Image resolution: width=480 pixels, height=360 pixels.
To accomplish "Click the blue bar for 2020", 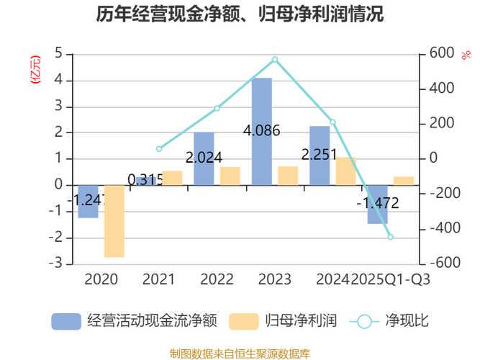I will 88,202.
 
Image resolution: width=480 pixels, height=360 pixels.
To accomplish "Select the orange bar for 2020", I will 114,222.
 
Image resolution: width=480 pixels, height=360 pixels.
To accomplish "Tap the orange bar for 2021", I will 173,176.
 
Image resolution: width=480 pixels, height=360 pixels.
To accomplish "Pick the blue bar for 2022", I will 204,158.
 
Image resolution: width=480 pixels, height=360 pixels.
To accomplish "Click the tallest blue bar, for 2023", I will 262,130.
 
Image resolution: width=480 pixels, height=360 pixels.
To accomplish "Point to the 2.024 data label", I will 204,158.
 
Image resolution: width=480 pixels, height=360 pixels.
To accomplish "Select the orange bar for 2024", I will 345,170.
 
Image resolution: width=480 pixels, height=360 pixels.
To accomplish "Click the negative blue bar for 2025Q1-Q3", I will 377,204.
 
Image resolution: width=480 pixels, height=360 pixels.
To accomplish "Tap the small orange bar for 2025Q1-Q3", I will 404,179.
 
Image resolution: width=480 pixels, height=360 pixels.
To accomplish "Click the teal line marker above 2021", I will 159,149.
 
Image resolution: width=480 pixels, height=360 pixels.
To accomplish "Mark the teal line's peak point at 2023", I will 275,59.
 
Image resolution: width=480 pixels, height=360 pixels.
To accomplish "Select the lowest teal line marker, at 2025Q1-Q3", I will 391,236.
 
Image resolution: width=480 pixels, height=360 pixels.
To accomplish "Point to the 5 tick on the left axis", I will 58,53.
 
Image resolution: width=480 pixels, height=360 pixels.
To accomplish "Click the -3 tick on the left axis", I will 58,263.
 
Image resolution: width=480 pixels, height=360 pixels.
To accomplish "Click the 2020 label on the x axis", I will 101,279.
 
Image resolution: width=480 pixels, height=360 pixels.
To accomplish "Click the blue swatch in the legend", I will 65,321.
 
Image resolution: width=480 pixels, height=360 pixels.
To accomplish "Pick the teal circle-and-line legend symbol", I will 364,321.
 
